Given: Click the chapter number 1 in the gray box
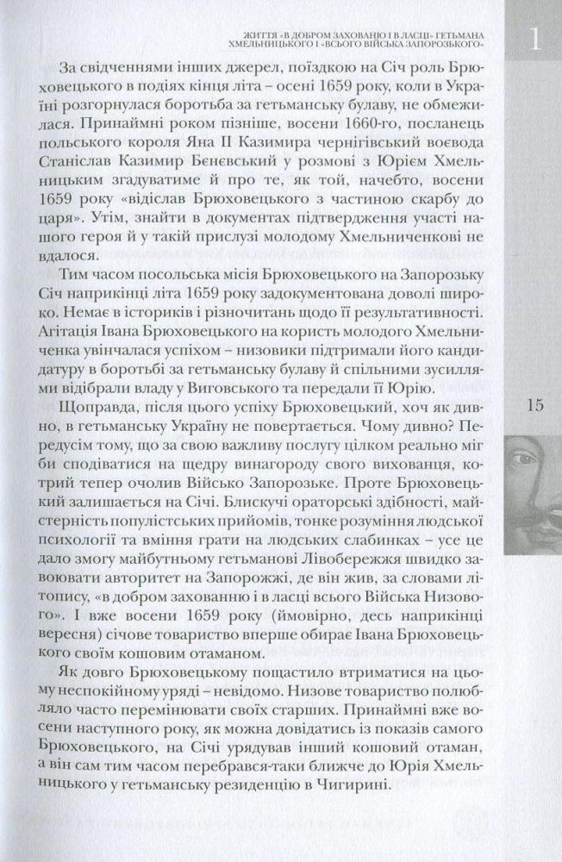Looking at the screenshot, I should (x=536, y=38).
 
